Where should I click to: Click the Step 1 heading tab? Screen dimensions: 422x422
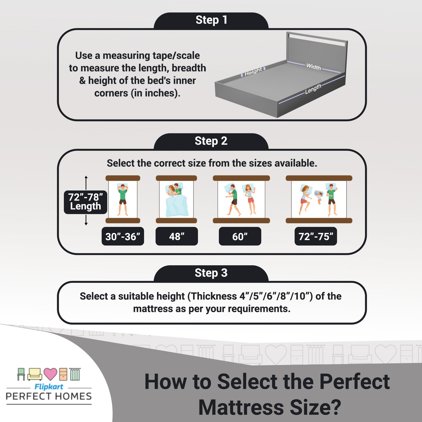click(211, 20)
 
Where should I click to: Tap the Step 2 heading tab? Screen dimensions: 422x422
click(211, 141)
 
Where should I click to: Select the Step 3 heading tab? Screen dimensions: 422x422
click(211, 273)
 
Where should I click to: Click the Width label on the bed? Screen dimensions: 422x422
click(313, 67)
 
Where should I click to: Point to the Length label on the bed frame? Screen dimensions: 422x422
click(313, 89)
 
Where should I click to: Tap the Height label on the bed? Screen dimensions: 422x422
click(253, 72)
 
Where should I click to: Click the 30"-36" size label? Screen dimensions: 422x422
click(123, 236)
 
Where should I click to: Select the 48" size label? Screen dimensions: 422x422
click(177, 236)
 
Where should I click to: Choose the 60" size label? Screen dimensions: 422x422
click(240, 236)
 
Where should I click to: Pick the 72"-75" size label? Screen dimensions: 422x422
click(316, 236)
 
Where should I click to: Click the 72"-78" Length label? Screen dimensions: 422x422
click(86, 202)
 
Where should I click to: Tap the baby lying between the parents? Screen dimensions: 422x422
click(319, 197)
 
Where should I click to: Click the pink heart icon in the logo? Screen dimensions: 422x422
click(51, 374)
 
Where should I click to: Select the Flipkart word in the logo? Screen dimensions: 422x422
click(49, 387)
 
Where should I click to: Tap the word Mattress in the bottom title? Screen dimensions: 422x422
click(241, 407)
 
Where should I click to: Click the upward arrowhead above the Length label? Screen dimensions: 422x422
click(86, 178)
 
